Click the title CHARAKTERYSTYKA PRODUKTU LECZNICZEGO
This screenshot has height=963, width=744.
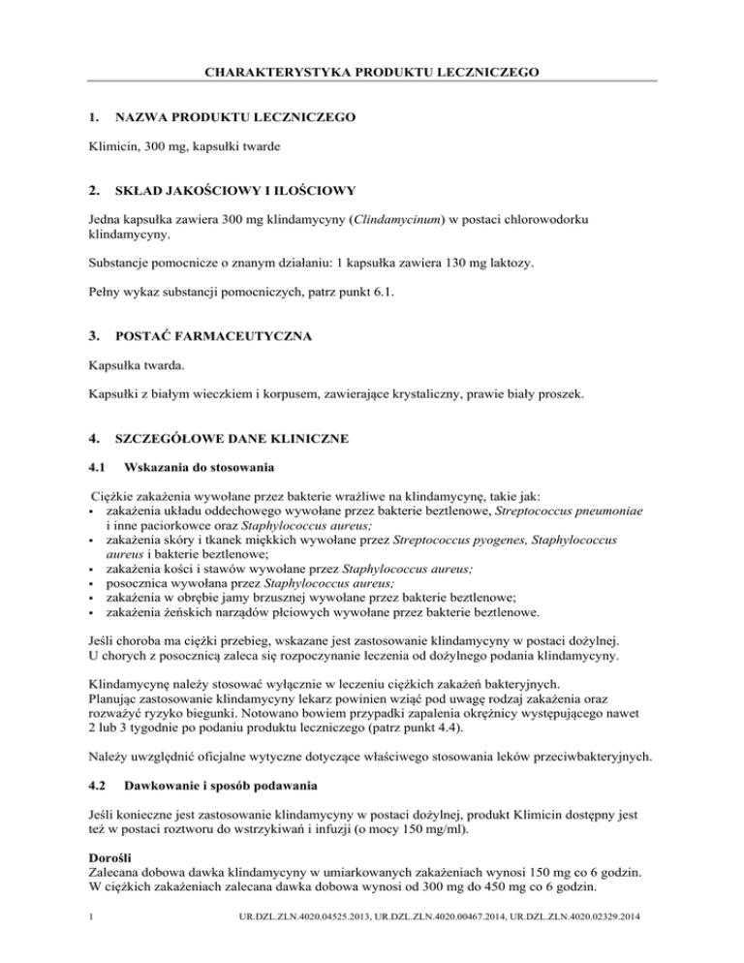tap(372, 71)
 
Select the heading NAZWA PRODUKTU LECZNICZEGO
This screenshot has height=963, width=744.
tap(234, 117)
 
